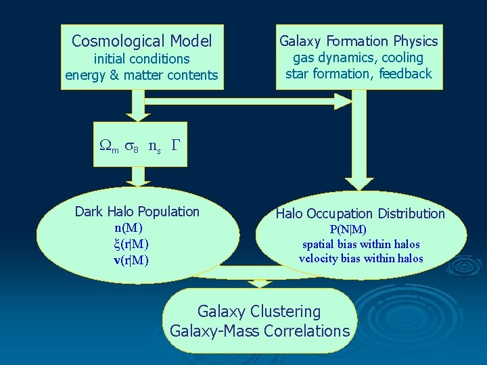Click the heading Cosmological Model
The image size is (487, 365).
[x=141, y=41]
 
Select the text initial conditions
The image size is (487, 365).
[x=141, y=59]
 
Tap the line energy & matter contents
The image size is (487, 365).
[x=141, y=75]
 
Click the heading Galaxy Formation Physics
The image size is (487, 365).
[x=358, y=41]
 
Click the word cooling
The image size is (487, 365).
[x=402, y=58]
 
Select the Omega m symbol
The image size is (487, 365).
[x=108, y=147]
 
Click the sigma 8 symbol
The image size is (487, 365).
[x=132, y=147]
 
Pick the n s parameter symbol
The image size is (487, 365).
[x=154, y=147]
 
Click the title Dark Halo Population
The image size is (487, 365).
[x=137, y=212]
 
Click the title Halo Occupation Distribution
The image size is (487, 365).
[x=360, y=214]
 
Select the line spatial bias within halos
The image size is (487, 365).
[x=361, y=244]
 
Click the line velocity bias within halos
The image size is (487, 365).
[x=361, y=258]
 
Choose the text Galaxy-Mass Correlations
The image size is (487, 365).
[x=260, y=331]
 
